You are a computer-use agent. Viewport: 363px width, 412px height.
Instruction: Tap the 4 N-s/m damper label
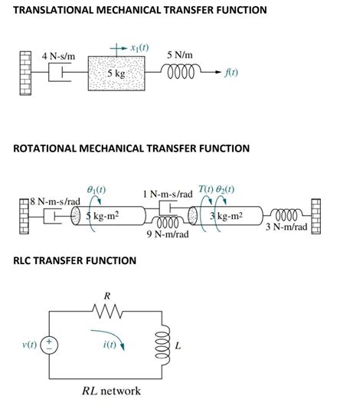58,56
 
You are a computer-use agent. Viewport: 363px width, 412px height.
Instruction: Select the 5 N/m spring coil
181,73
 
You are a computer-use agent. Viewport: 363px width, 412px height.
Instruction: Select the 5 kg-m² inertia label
102,216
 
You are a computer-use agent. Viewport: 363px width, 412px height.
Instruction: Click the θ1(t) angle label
96,188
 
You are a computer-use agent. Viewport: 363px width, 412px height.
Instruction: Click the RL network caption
111,391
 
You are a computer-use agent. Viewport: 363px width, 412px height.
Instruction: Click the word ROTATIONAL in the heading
51,148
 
